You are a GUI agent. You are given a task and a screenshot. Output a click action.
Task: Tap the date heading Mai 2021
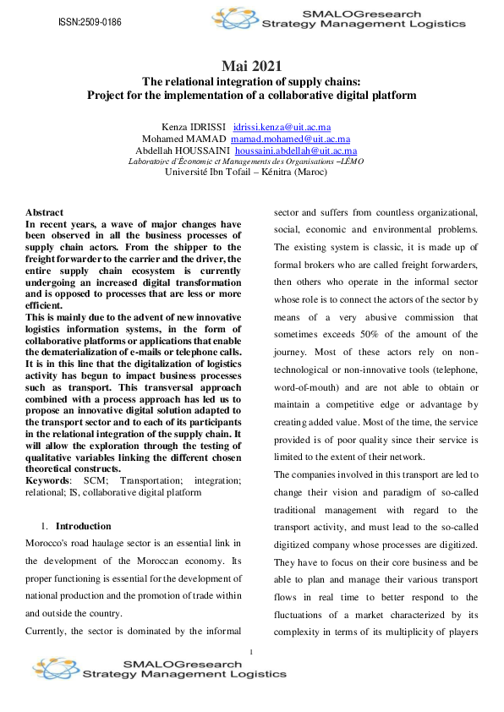252,65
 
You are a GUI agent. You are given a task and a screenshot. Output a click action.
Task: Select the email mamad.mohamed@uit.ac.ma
291,138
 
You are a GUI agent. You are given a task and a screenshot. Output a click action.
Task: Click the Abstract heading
44,212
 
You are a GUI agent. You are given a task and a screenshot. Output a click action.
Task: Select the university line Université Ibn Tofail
252,173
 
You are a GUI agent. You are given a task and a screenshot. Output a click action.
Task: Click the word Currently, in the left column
50,631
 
